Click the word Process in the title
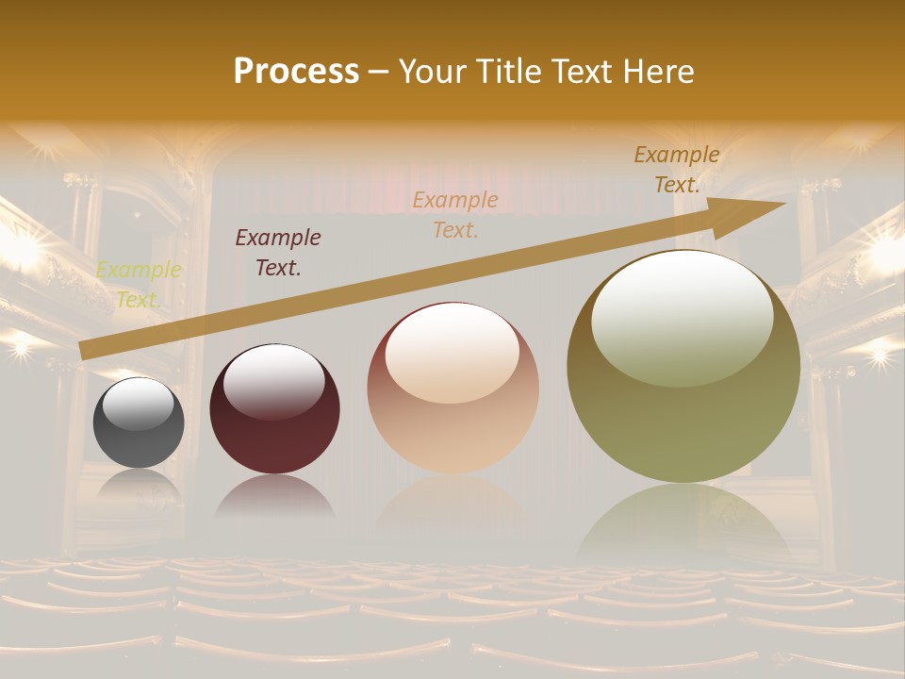296,72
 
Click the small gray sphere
139,422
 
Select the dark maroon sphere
274,410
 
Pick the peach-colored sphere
452,389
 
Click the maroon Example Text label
278,253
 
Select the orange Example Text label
455,215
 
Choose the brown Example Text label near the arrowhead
677,170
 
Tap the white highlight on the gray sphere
138,404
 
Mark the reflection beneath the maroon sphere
274,497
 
